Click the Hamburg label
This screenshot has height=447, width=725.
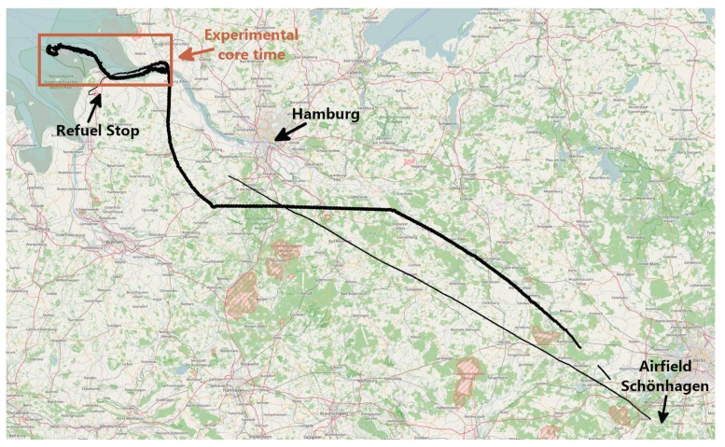(x=326, y=115)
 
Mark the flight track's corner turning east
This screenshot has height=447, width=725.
(x=213, y=205)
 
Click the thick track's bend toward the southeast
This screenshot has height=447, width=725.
(x=393, y=209)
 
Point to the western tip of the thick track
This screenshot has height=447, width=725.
(x=43, y=48)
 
